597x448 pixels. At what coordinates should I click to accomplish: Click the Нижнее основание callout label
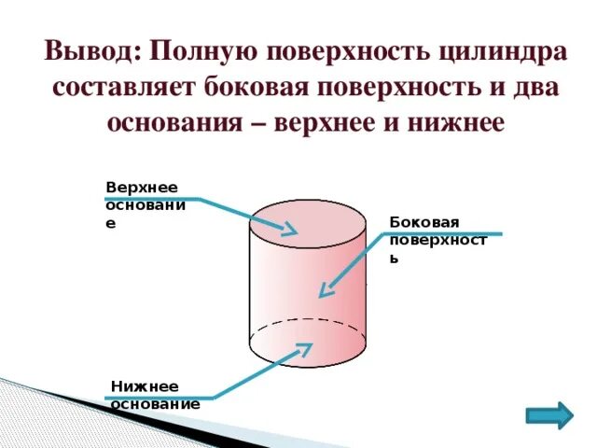coord(155,395)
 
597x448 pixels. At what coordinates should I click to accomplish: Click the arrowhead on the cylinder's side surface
coord(323,291)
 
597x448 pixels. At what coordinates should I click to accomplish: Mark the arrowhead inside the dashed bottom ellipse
coord(305,349)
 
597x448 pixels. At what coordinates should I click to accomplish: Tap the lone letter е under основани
coord(110,225)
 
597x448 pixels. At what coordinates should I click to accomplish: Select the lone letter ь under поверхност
coord(395,259)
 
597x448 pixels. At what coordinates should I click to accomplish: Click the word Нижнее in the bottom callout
coord(137,386)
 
